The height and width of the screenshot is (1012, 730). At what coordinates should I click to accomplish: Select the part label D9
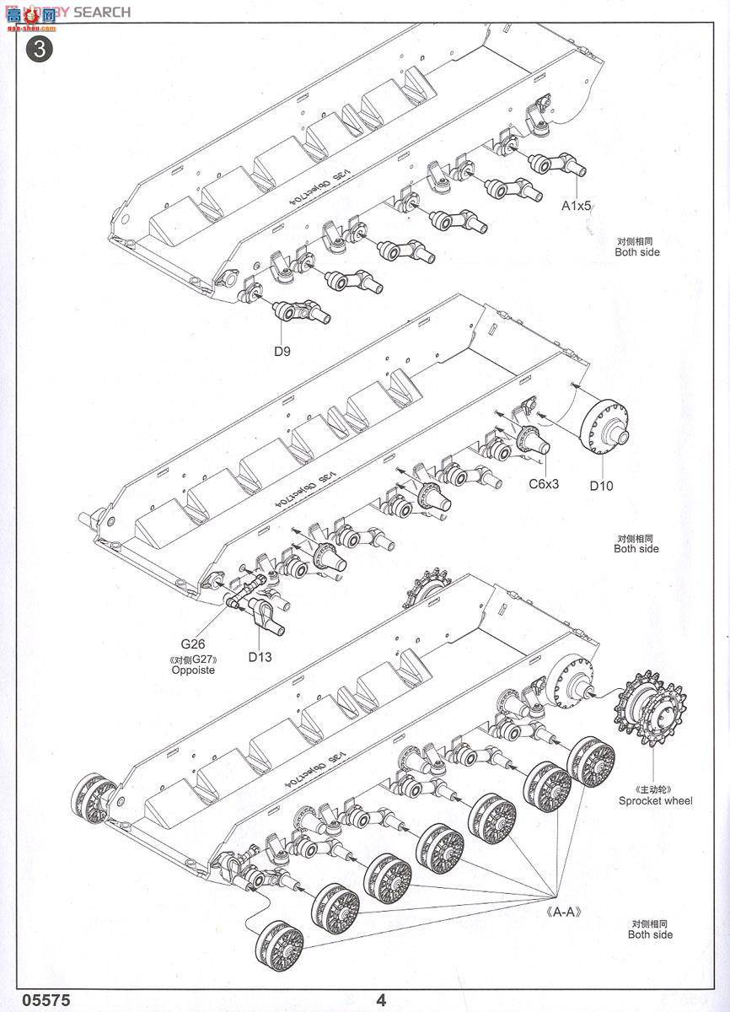coord(282,352)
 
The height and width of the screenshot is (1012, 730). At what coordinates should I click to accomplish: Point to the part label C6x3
coord(545,483)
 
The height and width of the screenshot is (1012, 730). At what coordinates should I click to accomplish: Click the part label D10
coord(602,485)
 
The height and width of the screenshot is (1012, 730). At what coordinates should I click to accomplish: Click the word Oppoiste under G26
coord(193,670)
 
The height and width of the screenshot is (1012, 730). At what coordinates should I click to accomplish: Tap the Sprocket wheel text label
coord(655,800)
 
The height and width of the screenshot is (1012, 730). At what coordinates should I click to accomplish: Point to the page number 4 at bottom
coord(382,1000)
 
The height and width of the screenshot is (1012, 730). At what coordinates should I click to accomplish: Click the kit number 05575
coord(36,1000)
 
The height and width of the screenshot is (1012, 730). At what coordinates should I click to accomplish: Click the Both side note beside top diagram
coord(636,252)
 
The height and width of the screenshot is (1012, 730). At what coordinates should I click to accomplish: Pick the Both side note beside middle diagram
coord(636,549)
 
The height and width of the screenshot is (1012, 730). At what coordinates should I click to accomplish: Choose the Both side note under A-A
coord(650,934)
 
